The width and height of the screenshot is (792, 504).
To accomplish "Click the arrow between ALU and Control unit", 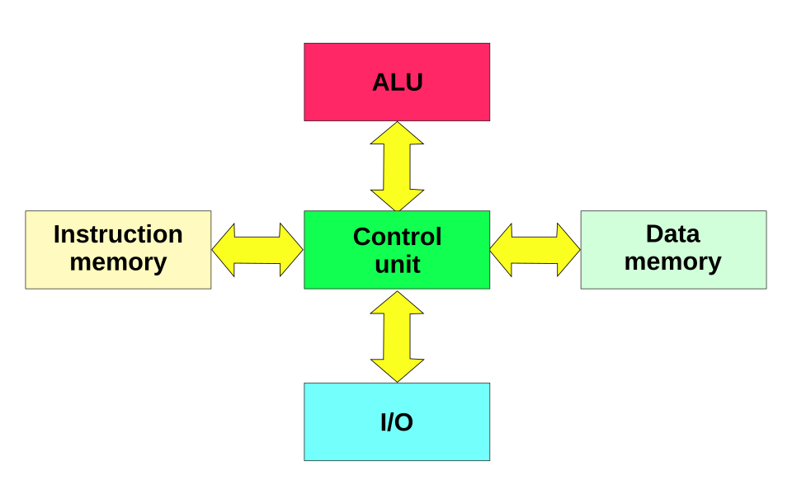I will tap(397, 167).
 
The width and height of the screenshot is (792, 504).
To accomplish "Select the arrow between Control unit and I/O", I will tap(397, 337).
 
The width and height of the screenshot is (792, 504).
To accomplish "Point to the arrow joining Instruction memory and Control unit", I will tap(257, 250).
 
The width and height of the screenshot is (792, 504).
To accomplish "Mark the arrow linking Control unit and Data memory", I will tap(535, 250).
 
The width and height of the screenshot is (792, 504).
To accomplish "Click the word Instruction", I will tap(118, 234).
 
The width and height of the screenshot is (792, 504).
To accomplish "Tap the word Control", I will tap(397, 237).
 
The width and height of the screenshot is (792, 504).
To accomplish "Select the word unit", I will tap(397, 265).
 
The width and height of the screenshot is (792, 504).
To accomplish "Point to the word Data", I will tap(672, 234).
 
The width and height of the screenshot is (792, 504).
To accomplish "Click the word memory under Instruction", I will tap(118, 262).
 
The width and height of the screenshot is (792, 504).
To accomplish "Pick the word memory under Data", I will tap(672, 261).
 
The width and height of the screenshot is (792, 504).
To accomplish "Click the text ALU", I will tap(397, 82).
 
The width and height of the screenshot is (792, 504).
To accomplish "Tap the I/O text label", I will tap(397, 422).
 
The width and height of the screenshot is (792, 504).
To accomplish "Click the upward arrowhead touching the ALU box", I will tap(397, 134).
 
